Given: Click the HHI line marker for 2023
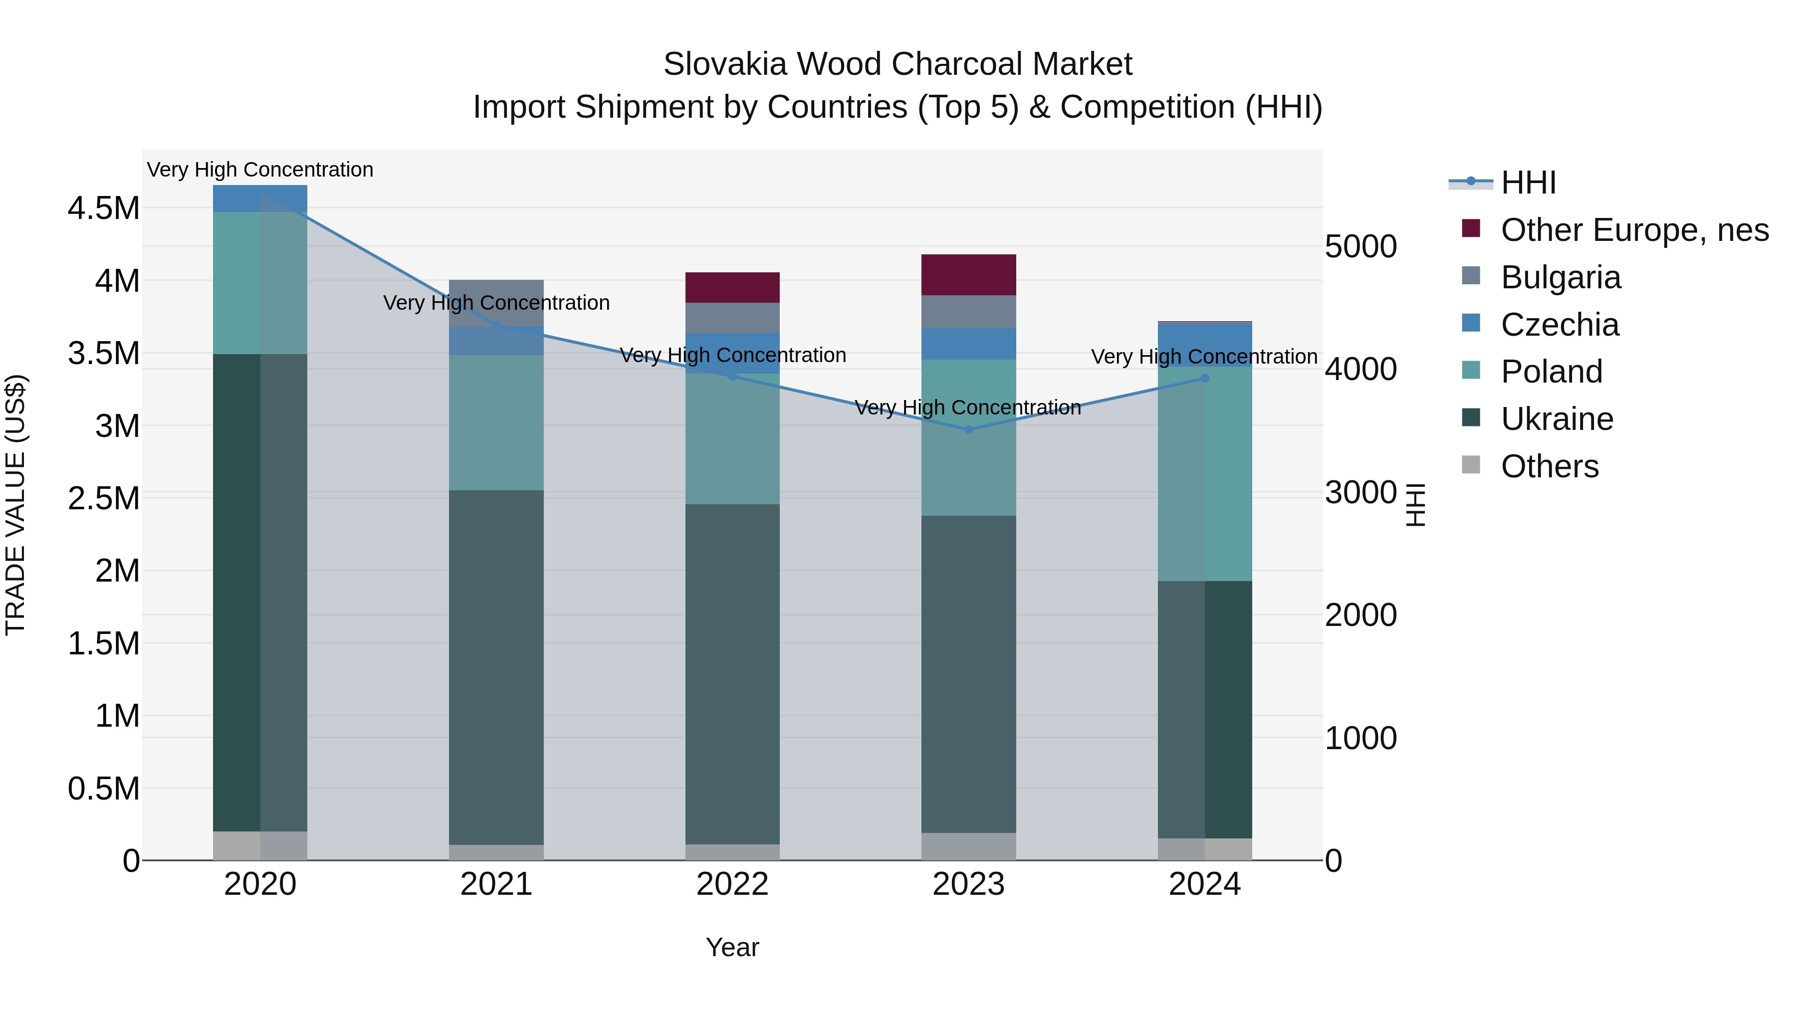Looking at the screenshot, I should pyautogui.click(x=968, y=430).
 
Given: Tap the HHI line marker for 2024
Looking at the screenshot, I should pyautogui.click(x=1205, y=379).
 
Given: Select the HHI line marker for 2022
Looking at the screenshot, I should pyautogui.click(x=732, y=377).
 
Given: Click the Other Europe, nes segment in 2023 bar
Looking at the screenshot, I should pyautogui.click(x=968, y=275).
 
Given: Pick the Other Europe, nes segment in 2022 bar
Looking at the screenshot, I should pyautogui.click(x=732, y=287).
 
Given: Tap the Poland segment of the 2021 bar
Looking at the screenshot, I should pyautogui.click(x=496, y=422).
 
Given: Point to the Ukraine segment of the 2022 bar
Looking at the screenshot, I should pyautogui.click(x=732, y=674).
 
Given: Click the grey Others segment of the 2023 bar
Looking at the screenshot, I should pyautogui.click(x=968, y=846).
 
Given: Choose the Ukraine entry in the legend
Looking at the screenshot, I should pyautogui.click(x=1557, y=419).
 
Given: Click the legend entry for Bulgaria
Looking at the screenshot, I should pyautogui.click(x=1561, y=277).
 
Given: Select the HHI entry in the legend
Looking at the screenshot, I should pyautogui.click(x=1528, y=183).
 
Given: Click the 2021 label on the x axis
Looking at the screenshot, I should pyautogui.click(x=496, y=884).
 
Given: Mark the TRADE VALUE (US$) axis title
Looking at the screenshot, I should pyautogui.click(x=15, y=505).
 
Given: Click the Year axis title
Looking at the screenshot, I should pyautogui.click(x=732, y=947).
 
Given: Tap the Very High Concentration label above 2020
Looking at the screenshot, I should pyautogui.click(x=260, y=170).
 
